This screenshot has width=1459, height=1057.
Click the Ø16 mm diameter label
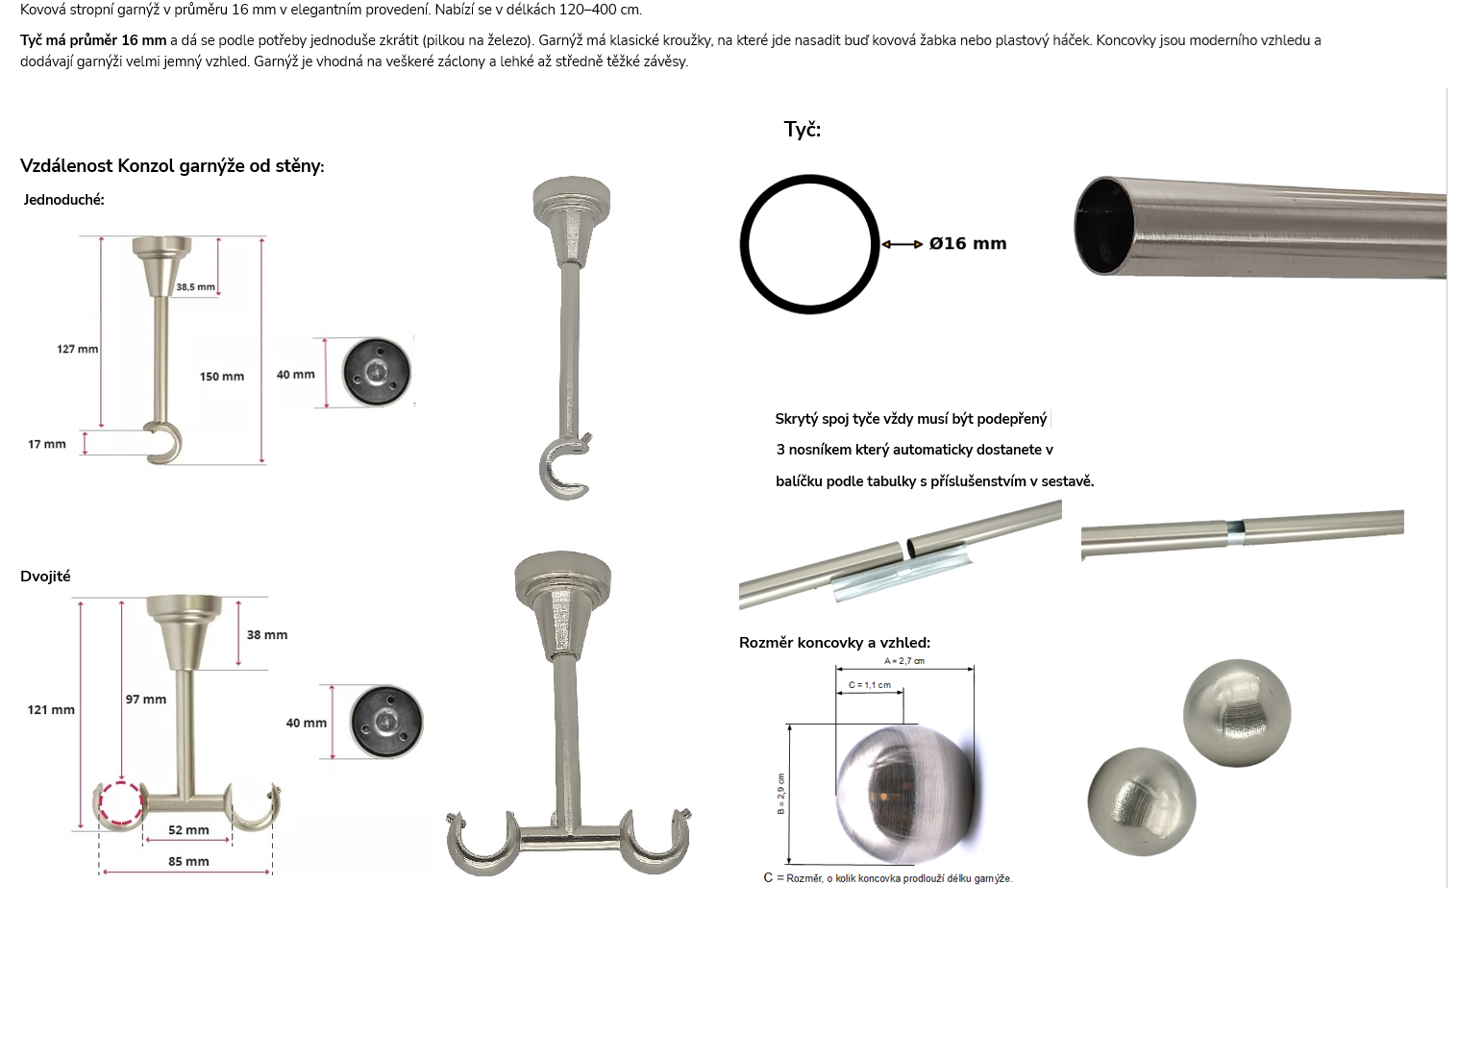click(x=967, y=243)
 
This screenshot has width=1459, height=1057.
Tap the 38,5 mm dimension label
click(x=195, y=287)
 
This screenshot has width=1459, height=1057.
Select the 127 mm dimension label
click(x=78, y=349)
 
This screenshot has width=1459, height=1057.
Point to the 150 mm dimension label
click(x=222, y=377)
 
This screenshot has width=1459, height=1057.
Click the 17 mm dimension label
click(x=47, y=444)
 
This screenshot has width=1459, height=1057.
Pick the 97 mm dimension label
click(x=146, y=700)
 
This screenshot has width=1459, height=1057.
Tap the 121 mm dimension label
click(x=51, y=710)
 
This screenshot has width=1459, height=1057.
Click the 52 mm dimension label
click(x=189, y=830)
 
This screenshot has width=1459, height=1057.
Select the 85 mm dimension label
click(x=189, y=862)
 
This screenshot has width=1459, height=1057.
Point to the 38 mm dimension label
click(x=267, y=635)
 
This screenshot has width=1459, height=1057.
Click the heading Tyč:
click(x=803, y=130)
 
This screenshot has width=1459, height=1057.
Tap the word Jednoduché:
click(x=63, y=200)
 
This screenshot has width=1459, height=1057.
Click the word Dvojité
click(x=45, y=577)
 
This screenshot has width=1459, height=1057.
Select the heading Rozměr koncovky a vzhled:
click(x=834, y=643)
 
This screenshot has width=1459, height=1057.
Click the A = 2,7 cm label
click(x=904, y=661)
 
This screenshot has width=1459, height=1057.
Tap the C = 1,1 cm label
click(x=870, y=685)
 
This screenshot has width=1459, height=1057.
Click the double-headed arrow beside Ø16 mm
click(x=903, y=244)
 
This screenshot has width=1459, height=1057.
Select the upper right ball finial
click(x=1237, y=712)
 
